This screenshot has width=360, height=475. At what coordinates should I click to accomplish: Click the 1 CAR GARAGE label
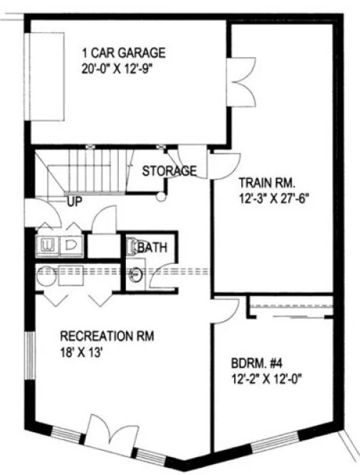pos(123,52)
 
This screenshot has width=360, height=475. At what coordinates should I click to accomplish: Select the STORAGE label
pos(169,171)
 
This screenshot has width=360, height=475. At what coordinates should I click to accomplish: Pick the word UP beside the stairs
pos(74,202)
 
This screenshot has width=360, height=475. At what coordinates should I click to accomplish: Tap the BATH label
pos(152,248)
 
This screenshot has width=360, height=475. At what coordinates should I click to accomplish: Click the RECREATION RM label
pos(107,336)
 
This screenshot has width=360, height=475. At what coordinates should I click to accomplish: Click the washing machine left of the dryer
pos(49,244)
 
